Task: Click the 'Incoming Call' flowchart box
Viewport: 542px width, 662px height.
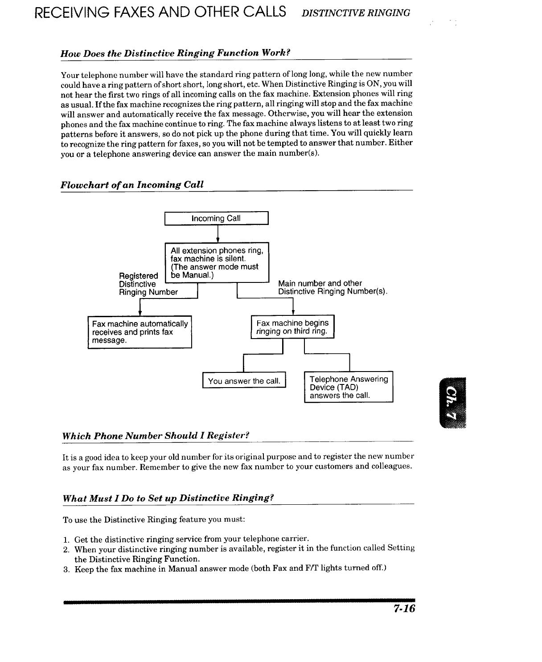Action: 216,218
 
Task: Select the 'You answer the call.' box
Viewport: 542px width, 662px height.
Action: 244,381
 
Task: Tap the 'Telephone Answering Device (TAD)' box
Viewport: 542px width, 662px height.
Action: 349,387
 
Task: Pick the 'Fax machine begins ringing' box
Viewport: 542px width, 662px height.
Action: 292,327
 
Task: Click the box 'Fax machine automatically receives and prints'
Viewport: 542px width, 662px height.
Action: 140,332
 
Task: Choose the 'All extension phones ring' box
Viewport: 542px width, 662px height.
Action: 217,262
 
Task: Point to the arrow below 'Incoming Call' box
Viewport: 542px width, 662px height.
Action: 217,234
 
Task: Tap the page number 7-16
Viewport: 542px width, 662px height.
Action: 404,609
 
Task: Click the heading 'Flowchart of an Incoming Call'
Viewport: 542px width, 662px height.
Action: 132,184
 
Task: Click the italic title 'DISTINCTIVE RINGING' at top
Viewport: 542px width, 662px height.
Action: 356,13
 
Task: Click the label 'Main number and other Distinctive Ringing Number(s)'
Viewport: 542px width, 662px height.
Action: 332,287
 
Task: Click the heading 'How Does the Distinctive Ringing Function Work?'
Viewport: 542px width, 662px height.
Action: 176,53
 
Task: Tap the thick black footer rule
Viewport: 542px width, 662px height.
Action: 239,602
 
